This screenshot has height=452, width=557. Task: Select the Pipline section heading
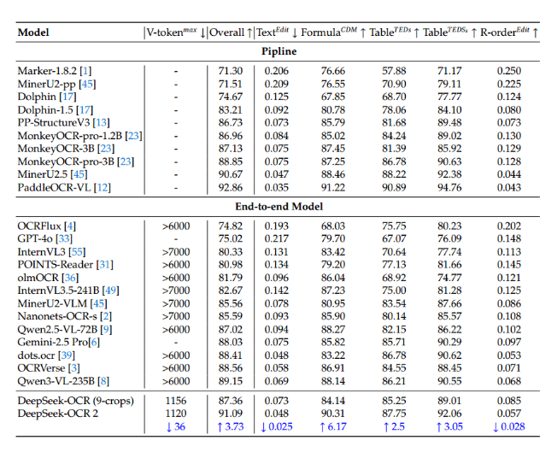(278, 51)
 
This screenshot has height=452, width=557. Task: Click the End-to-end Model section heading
(278, 206)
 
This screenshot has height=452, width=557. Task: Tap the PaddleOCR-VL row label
(56, 187)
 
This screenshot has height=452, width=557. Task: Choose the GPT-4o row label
(40, 238)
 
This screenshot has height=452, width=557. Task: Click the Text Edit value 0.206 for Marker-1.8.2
(274, 70)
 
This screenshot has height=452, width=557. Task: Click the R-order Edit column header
(509, 32)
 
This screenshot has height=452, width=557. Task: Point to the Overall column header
(230, 32)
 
